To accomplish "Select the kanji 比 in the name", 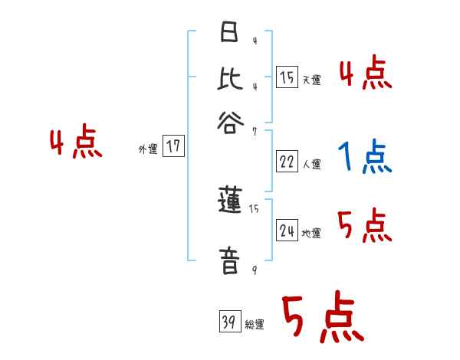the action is click(228, 79).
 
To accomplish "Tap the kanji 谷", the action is click(228, 121).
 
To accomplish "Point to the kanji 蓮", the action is click(228, 202).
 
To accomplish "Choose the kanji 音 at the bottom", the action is click(228, 260).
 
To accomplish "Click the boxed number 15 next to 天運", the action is click(287, 77).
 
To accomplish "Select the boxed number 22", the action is click(287, 162).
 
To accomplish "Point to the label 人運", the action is click(311, 163).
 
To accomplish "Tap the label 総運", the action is click(255, 325).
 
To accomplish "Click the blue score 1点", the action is click(363, 156).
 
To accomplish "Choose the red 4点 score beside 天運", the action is click(366, 74).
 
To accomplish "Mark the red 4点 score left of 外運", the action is click(75, 144).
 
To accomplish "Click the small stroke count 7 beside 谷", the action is click(254, 131).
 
